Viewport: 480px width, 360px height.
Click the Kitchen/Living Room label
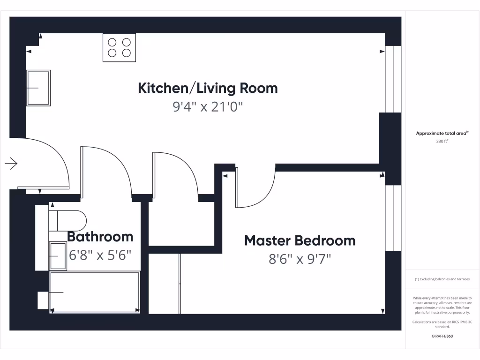208,88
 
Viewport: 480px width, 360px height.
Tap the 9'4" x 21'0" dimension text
208,107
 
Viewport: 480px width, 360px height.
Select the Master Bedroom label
300,241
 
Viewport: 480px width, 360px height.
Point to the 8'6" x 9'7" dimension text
300,259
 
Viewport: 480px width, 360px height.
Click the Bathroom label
100,237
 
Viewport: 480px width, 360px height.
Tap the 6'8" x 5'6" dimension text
100,255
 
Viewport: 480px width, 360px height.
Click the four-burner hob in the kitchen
119,47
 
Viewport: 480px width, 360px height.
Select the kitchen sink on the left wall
38,88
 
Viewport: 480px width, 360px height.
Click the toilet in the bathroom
68,220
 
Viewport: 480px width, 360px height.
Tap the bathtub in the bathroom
95,292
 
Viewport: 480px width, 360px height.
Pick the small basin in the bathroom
58,256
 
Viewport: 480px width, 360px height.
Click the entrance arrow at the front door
11,164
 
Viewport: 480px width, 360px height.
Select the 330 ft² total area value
442,141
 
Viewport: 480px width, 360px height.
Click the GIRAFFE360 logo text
442,336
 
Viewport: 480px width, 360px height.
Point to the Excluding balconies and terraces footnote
442,279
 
